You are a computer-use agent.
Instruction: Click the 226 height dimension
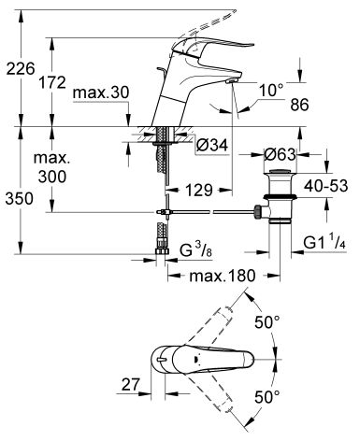click(21, 68)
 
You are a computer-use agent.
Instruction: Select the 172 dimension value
click(52, 82)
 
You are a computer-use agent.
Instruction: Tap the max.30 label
click(101, 92)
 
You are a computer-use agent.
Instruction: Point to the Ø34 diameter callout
click(212, 145)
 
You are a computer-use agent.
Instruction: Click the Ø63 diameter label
click(280, 154)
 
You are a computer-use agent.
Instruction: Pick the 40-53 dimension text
click(325, 186)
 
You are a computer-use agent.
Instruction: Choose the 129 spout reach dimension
click(199, 190)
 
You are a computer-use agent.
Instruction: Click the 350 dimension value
click(19, 198)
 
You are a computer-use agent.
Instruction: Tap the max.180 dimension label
click(223, 276)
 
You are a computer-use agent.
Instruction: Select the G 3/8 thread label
click(196, 250)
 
